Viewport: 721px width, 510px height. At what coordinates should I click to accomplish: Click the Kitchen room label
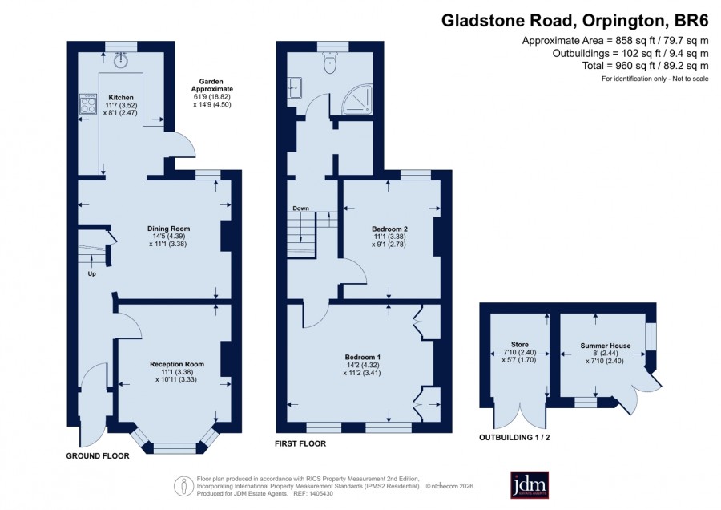click(121, 98)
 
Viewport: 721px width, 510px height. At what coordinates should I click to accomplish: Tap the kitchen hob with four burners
click(88, 103)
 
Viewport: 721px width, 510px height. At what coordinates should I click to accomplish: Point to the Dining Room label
click(168, 229)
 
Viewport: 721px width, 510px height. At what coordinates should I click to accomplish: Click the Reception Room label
click(177, 364)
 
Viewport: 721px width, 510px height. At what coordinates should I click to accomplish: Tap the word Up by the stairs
click(91, 274)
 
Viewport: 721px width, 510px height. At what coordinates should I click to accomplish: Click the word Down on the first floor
click(300, 208)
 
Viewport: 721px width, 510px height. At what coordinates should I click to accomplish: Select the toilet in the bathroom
click(330, 63)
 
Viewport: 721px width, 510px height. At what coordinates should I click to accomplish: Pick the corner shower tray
click(357, 98)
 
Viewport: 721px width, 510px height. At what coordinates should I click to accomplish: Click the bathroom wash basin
click(295, 87)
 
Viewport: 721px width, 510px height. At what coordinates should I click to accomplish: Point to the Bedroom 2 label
click(389, 229)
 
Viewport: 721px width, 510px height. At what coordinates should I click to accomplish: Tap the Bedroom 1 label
click(363, 357)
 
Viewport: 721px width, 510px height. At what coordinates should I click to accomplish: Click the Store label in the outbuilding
click(520, 344)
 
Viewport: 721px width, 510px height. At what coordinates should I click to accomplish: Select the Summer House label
click(605, 346)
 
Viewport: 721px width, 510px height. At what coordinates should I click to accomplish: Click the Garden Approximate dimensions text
click(212, 93)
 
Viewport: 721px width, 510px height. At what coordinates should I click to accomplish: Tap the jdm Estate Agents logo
click(530, 484)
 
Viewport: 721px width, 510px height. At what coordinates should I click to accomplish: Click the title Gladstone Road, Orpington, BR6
click(574, 21)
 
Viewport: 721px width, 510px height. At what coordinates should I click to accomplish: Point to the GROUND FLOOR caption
click(98, 455)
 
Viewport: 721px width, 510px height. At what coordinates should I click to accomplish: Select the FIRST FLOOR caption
click(300, 443)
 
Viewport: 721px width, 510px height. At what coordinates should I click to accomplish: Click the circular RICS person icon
click(183, 486)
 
